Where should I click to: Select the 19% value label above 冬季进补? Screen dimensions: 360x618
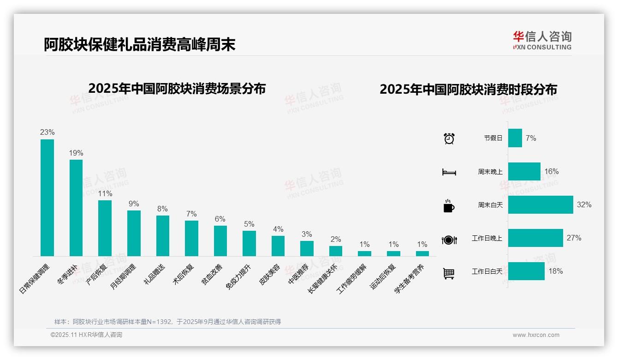click(76, 153)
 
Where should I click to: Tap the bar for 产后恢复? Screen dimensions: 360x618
click(105, 228)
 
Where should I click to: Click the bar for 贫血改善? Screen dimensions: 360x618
click(220, 240)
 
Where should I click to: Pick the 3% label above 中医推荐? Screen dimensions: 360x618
click(307, 234)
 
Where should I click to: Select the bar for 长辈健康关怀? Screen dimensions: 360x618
click(336, 251)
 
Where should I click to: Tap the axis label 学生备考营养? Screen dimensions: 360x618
click(409, 280)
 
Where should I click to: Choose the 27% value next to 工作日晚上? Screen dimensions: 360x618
click(574, 238)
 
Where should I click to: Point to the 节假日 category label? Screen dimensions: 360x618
click(493, 138)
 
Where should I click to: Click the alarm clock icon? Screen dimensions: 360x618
click(449, 138)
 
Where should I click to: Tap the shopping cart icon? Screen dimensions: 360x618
click(449, 273)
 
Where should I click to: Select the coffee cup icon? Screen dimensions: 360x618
click(448, 206)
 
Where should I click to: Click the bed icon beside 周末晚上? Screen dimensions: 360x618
click(449, 172)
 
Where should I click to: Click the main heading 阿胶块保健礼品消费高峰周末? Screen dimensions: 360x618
click(140, 44)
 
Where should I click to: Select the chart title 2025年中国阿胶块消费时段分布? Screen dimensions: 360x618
click(468, 89)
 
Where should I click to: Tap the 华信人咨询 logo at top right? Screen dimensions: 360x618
click(542, 40)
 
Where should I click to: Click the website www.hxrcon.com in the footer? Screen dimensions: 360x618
click(535, 335)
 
